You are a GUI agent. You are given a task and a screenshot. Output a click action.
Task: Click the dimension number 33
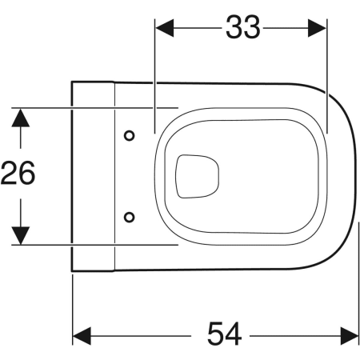[242, 27]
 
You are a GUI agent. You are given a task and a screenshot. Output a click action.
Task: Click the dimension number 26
[18, 173]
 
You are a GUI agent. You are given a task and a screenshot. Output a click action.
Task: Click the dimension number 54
[225, 334]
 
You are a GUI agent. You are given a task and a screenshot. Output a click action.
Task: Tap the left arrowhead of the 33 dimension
[165, 28]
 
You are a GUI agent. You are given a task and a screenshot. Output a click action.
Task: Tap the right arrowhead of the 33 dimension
[317, 28]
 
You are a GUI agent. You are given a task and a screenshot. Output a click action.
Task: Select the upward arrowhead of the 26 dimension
[21, 118]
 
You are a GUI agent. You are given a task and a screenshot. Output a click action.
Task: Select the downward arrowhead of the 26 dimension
[21, 235]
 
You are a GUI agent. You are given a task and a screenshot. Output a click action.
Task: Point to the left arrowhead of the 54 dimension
[82, 336]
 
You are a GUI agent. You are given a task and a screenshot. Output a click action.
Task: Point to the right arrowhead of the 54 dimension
[350, 336]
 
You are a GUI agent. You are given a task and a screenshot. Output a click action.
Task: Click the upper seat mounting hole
[130, 136]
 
